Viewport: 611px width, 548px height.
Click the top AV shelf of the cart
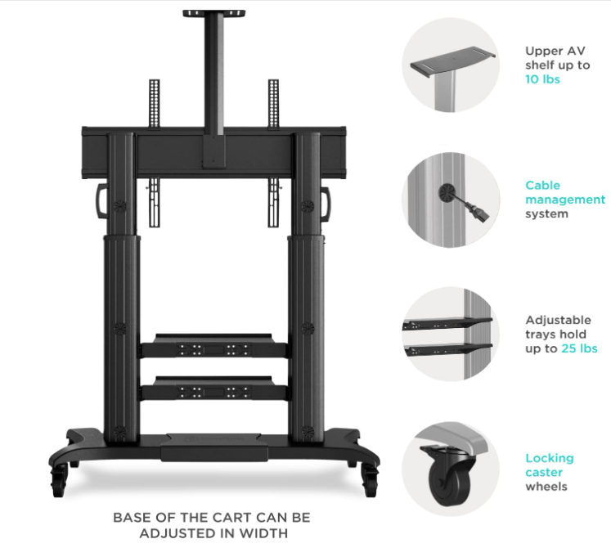(214, 14)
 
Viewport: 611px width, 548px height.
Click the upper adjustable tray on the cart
(214, 345)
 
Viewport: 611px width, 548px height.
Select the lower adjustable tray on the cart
(214, 388)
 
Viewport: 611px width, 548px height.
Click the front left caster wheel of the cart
(58, 481)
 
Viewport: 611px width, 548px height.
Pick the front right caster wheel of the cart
(369, 481)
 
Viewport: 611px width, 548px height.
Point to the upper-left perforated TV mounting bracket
(155, 103)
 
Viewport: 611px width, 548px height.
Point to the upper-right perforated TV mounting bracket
(273, 103)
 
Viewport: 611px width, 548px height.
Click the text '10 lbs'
(542, 79)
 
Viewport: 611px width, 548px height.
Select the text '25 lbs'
(579, 348)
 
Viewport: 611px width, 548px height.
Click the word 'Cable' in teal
(542, 185)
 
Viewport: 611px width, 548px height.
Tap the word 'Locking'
(550, 459)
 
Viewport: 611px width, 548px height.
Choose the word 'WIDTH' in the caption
(263, 532)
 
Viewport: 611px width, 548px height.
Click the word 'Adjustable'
(558, 320)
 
